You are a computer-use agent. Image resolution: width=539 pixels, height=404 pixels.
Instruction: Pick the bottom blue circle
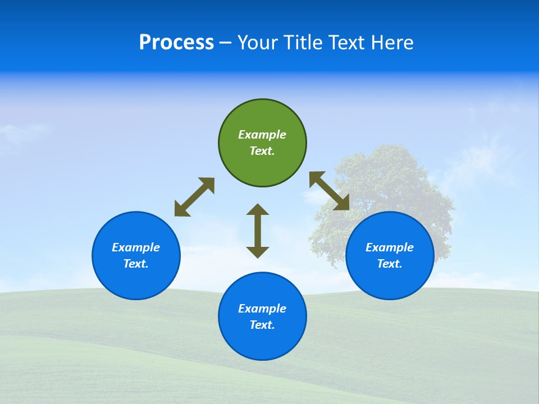click(262, 342)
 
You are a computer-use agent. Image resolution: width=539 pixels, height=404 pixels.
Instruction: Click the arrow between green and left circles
click(194, 197)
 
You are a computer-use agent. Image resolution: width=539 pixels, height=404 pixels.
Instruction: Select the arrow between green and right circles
click(329, 191)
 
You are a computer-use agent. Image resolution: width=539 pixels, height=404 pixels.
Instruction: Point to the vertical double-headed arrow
click(258, 231)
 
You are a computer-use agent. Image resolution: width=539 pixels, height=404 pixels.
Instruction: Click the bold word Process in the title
click(176, 43)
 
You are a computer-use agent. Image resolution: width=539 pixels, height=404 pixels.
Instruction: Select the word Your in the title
click(258, 43)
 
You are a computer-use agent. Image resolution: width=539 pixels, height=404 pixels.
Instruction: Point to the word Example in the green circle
click(262, 135)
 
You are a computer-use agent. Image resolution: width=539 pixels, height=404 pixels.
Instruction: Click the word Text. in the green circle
click(262, 151)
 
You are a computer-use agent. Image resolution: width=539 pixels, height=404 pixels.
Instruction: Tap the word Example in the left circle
click(136, 247)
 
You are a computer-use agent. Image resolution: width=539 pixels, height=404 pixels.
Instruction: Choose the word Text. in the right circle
click(390, 264)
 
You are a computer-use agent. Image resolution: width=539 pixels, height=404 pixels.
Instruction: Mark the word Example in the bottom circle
click(262, 309)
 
